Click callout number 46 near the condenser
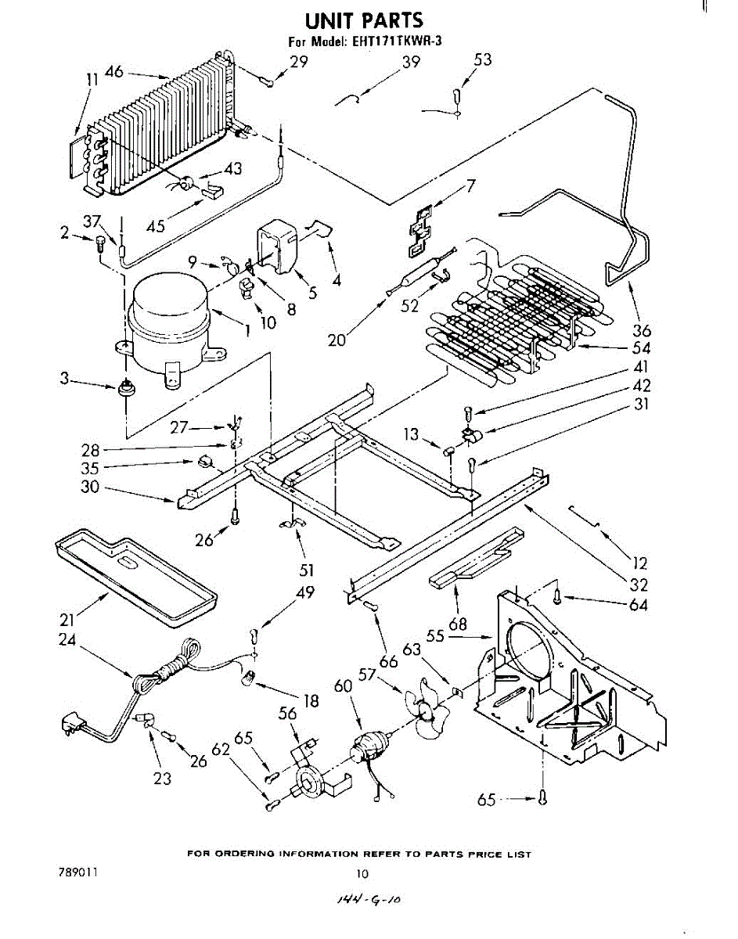(114, 73)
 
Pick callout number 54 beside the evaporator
(640, 348)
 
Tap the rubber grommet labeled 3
(124, 387)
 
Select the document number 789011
(77, 871)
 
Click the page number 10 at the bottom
(362, 873)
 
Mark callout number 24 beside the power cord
(67, 639)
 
